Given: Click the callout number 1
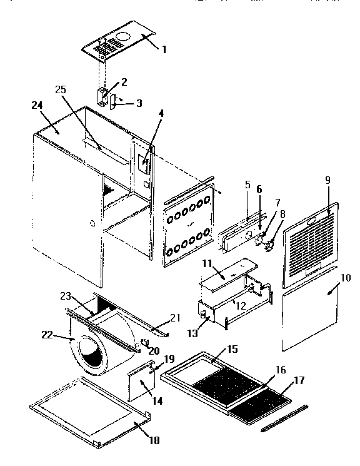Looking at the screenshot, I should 164,49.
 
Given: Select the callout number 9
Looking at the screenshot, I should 327,181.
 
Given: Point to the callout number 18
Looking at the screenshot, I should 153,440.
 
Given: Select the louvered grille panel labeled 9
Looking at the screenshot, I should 311,241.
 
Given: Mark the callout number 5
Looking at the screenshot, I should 247,185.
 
